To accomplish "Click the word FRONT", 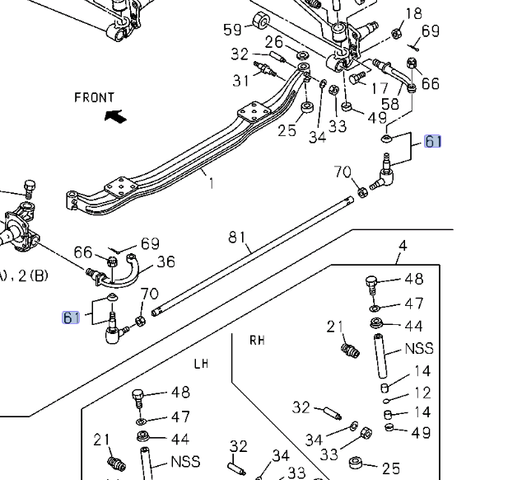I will tap(94, 97).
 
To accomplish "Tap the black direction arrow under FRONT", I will tap(116, 116).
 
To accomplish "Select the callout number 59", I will tap(233, 30).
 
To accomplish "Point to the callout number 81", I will tap(237, 238).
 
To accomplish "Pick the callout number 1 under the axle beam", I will tap(211, 183).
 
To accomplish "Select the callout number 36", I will tap(165, 262).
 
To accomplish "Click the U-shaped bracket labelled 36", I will tap(128, 271).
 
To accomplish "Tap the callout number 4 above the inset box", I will tap(403, 245).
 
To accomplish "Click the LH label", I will tap(202, 363).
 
